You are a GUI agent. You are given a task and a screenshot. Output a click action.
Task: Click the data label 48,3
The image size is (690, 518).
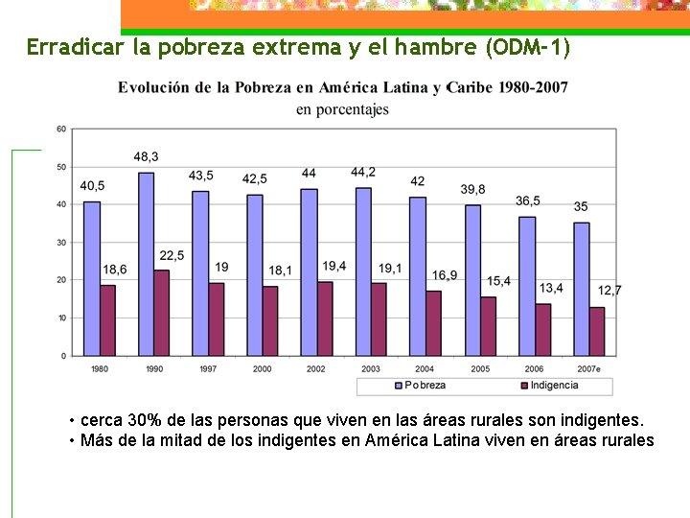click(x=147, y=156)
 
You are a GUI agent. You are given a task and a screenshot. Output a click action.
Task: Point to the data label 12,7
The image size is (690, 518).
click(x=609, y=290)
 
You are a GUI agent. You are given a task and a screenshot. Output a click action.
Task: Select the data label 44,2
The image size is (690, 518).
click(x=363, y=172)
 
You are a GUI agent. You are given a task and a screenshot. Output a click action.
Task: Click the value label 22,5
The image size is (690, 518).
click(x=172, y=255)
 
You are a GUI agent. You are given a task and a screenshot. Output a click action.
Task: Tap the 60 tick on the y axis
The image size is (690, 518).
click(x=61, y=129)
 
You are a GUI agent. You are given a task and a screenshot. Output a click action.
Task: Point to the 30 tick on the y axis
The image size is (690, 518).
click(x=61, y=243)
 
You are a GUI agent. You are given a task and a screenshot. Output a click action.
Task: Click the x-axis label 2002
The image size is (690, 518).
click(x=315, y=369)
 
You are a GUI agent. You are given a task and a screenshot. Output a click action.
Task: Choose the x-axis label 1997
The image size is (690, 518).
click(x=207, y=369)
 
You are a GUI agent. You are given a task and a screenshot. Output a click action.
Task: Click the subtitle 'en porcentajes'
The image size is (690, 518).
click(x=342, y=109)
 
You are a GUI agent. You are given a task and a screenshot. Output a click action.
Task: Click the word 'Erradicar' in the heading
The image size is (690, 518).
click(x=66, y=46)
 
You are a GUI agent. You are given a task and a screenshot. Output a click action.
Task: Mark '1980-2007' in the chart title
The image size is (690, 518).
click(x=532, y=87)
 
